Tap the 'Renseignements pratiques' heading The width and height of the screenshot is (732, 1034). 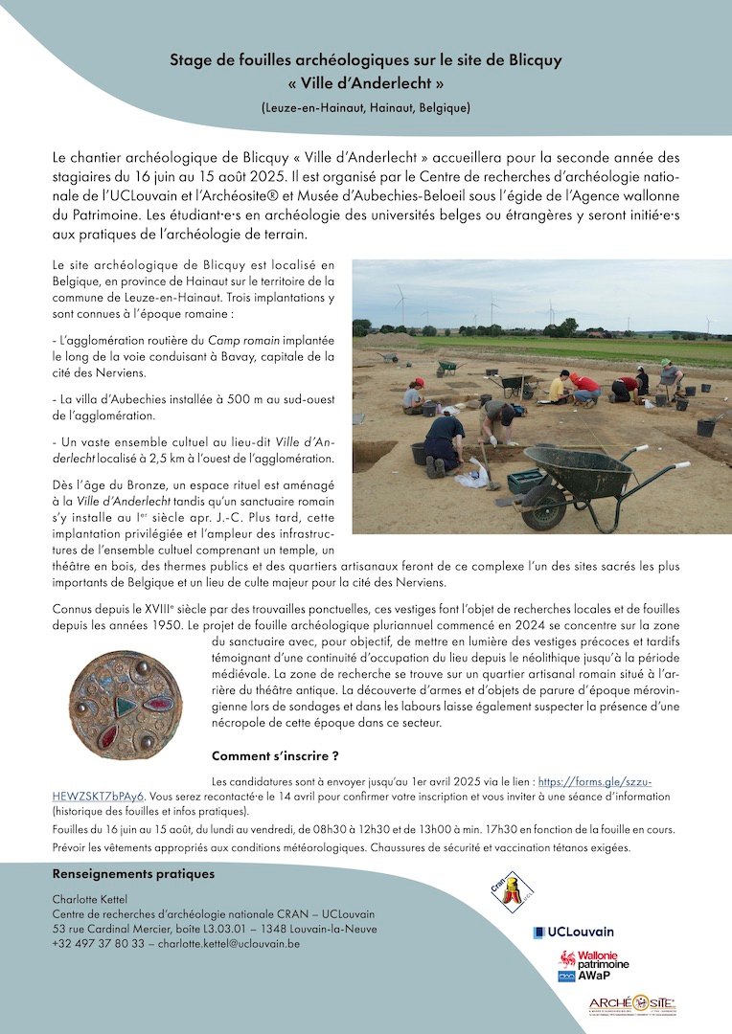(x=133, y=874)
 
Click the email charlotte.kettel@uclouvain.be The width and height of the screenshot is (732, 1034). (x=228, y=943)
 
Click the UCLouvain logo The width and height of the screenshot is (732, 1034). (x=574, y=932)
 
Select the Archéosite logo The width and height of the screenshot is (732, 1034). (x=632, y=1004)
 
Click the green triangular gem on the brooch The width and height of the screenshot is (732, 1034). (x=125, y=705)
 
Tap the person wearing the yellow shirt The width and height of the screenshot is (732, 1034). (x=557, y=387)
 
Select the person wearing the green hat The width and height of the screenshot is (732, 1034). (x=669, y=372)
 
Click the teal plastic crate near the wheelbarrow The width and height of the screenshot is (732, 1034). (x=526, y=481)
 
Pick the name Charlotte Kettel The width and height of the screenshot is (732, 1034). (x=90, y=898)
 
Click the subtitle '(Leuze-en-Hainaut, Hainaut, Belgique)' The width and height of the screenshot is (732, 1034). (x=365, y=107)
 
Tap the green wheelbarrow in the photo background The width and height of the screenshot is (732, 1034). (x=446, y=366)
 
